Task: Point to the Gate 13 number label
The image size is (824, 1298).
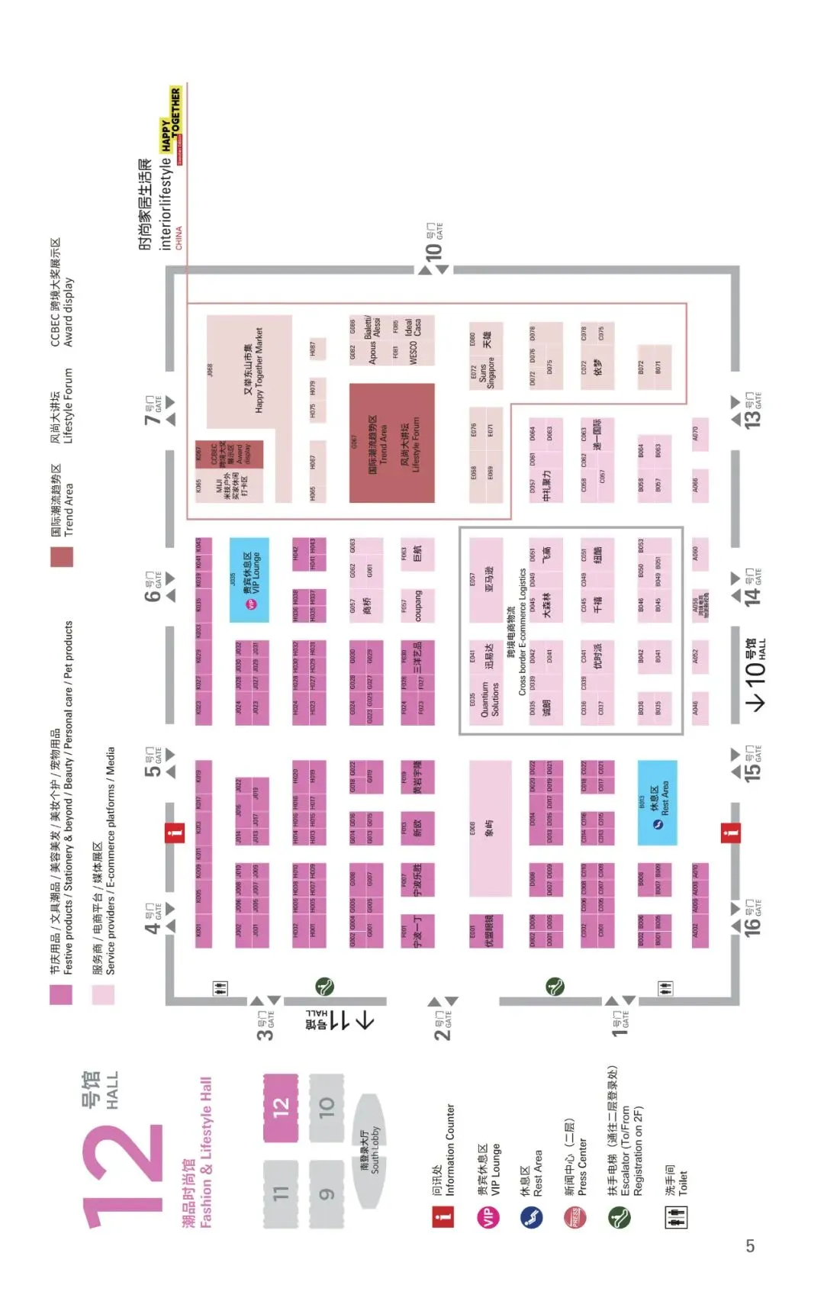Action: pos(752,417)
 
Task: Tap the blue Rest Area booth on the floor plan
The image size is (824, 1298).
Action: pos(657,803)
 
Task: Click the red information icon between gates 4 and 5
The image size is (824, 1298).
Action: pos(175,833)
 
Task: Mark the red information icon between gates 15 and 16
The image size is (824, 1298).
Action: pos(730,833)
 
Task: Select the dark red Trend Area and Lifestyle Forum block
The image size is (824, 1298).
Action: pos(392,443)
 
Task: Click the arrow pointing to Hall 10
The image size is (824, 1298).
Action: pos(758,701)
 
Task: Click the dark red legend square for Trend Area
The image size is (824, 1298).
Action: pos(62,556)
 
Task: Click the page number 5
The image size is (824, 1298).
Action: pos(750,1245)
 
